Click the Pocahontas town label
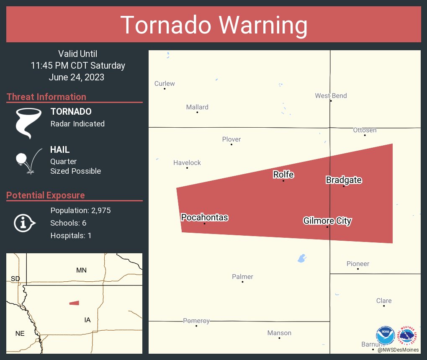[204, 217]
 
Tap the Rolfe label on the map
[283, 175]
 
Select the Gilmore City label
[327, 221]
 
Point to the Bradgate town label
[344, 180]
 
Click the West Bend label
[331, 95]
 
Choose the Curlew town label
[165, 83]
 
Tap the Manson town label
[279, 333]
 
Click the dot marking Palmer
[242, 282]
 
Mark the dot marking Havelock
[187, 168]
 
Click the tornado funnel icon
[28, 123]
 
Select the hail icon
[28, 160]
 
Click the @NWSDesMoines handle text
[398, 350]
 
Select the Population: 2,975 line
[80, 211]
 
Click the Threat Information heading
[46, 97]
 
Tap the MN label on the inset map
[81, 270]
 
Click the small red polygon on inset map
[74, 303]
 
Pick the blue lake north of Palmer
[301, 259]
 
